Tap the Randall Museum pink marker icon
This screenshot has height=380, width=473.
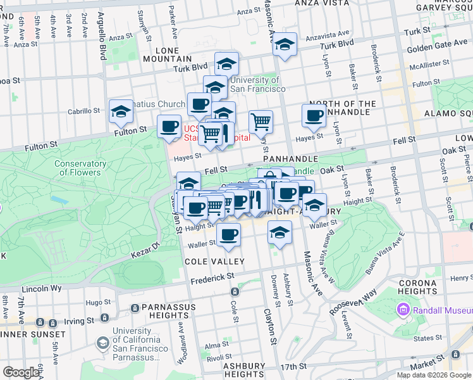pyautogui.click(x=403, y=310)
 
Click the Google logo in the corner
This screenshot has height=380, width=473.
pyautogui.click(x=21, y=372)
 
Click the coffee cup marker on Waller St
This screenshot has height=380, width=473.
pyautogui.click(x=228, y=234)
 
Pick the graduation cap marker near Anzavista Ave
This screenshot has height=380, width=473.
pyautogui.click(x=285, y=44)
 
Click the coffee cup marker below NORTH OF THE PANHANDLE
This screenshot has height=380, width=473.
pyautogui.click(x=314, y=115)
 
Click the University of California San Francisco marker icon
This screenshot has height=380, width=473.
pyautogui.click(x=102, y=343)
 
